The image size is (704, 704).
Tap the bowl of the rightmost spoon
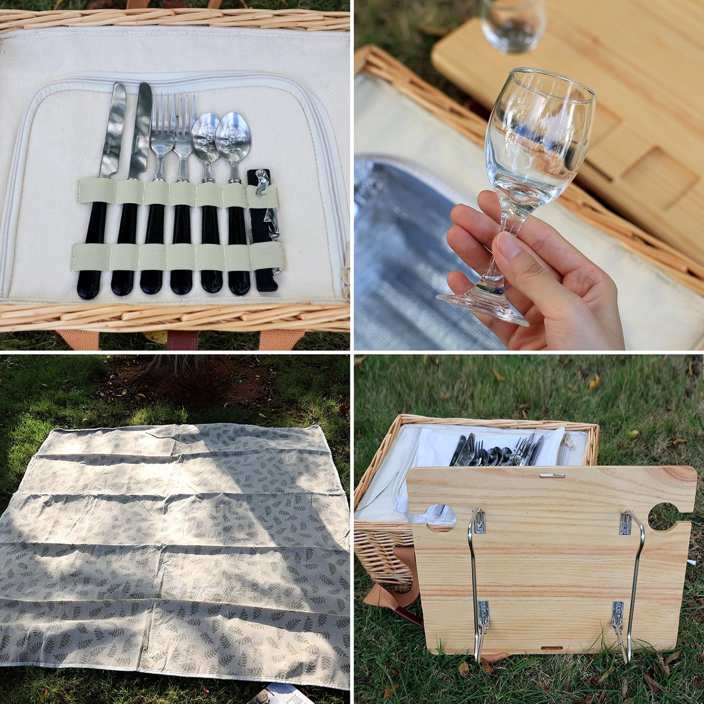(233, 136)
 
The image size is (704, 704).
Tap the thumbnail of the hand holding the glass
(508, 246)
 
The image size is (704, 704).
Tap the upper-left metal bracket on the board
(478, 521)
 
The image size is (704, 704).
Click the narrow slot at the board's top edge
(552, 475)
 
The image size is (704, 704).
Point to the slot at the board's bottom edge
(552, 648)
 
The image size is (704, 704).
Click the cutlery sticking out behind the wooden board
(497, 451)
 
